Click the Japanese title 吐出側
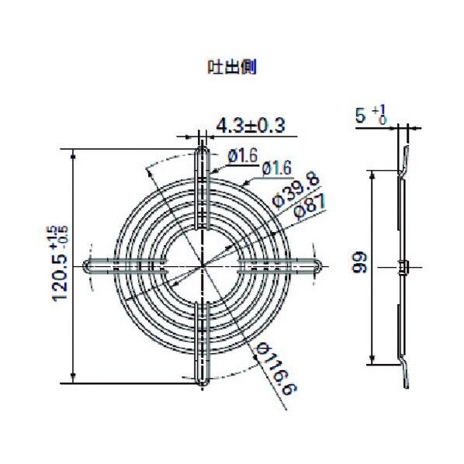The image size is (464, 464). coord(231,68)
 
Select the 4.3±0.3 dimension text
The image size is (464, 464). coord(250,125)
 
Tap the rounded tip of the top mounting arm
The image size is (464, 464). coord(203,147)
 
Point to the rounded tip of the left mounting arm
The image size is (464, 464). coord(85,266)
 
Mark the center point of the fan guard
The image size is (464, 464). coord(203,266)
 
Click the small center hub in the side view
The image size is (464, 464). coord(402,266)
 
